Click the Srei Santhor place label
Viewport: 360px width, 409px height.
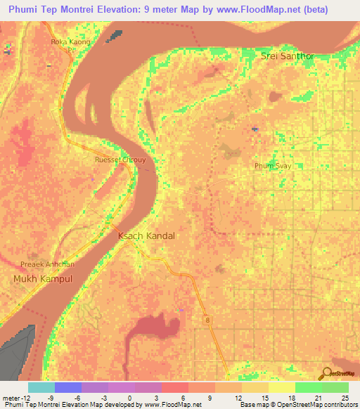point(285,56)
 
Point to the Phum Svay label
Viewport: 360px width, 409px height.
point(272,166)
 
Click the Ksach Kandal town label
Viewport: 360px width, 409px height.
point(146,236)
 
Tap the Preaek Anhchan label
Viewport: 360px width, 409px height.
point(47,264)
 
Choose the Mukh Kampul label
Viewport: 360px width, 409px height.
point(43,279)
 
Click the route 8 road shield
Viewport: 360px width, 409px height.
point(208,320)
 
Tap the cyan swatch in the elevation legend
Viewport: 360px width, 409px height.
point(41,387)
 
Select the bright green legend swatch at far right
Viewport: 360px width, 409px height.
point(335,387)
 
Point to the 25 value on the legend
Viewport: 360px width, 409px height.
point(344,398)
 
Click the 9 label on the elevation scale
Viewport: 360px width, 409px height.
point(210,398)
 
